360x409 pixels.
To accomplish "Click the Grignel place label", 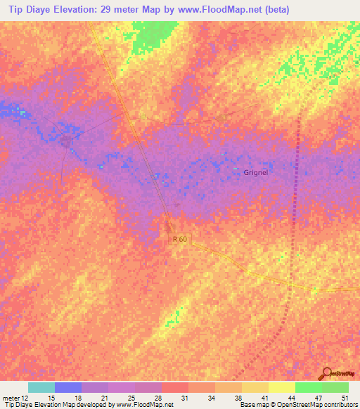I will click(256, 172).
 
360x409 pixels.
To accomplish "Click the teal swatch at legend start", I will click(41, 387).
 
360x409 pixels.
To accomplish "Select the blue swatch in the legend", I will click(68, 387).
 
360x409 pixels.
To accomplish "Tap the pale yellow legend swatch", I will click(281, 387).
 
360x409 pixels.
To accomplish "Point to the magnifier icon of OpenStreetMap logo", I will click(327, 373).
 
